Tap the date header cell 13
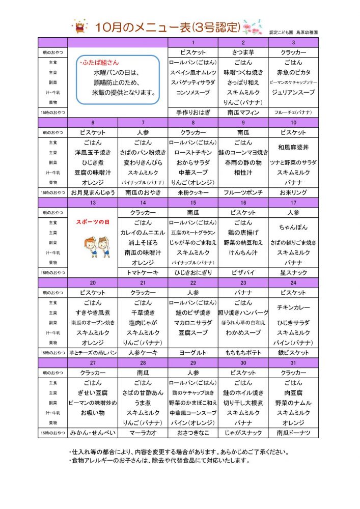[x=92, y=203]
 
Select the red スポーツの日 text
[x=93, y=222]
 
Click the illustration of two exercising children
[x=93, y=247]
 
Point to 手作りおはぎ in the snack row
[x=193, y=112]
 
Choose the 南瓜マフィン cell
[x=243, y=112]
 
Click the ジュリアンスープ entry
[x=293, y=93]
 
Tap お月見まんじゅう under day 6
[x=92, y=192]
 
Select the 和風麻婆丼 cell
[x=293, y=148]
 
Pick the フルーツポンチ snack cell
[x=243, y=192]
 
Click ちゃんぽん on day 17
[x=293, y=228]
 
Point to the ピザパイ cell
[x=243, y=273]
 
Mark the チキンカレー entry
[x=293, y=307]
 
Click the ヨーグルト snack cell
[x=193, y=352]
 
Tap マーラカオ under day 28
[x=143, y=433]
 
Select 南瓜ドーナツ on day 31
[x=293, y=433]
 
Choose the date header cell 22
[x=193, y=282]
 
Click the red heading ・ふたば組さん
[x=99, y=63]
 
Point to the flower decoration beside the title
[x=252, y=27]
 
